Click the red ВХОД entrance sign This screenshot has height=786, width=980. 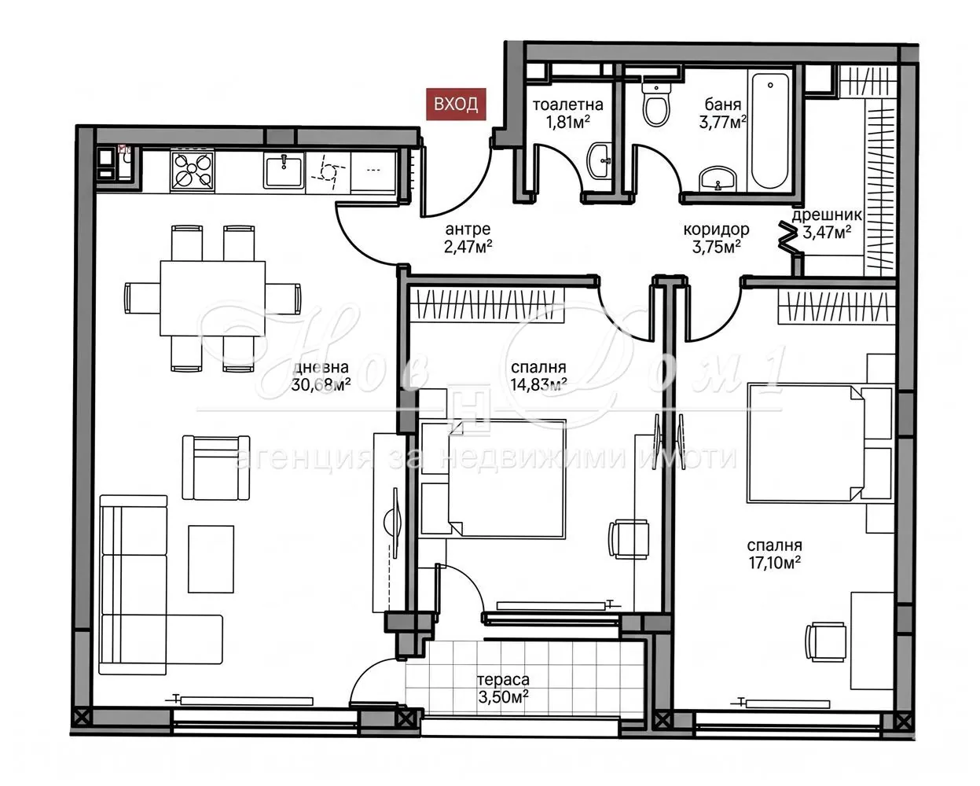[456, 105]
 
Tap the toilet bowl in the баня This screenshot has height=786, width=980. [655, 104]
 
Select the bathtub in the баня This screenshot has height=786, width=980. [770, 131]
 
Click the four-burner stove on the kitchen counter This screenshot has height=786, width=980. [193, 171]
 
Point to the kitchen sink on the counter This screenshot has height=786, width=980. [283, 171]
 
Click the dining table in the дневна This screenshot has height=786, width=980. [213, 298]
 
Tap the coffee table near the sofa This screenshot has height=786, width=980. [211, 559]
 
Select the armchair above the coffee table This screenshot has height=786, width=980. [216, 468]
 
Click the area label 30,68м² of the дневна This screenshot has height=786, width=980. [321, 385]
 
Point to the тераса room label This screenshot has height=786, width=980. [503, 680]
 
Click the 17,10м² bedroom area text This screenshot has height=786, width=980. [775, 564]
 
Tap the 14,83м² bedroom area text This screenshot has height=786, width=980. [539, 385]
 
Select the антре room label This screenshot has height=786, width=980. [468, 229]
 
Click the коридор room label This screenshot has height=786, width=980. [716, 229]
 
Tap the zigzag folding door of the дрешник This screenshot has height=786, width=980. [787, 237]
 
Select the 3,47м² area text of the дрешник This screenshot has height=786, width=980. [827, 233]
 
